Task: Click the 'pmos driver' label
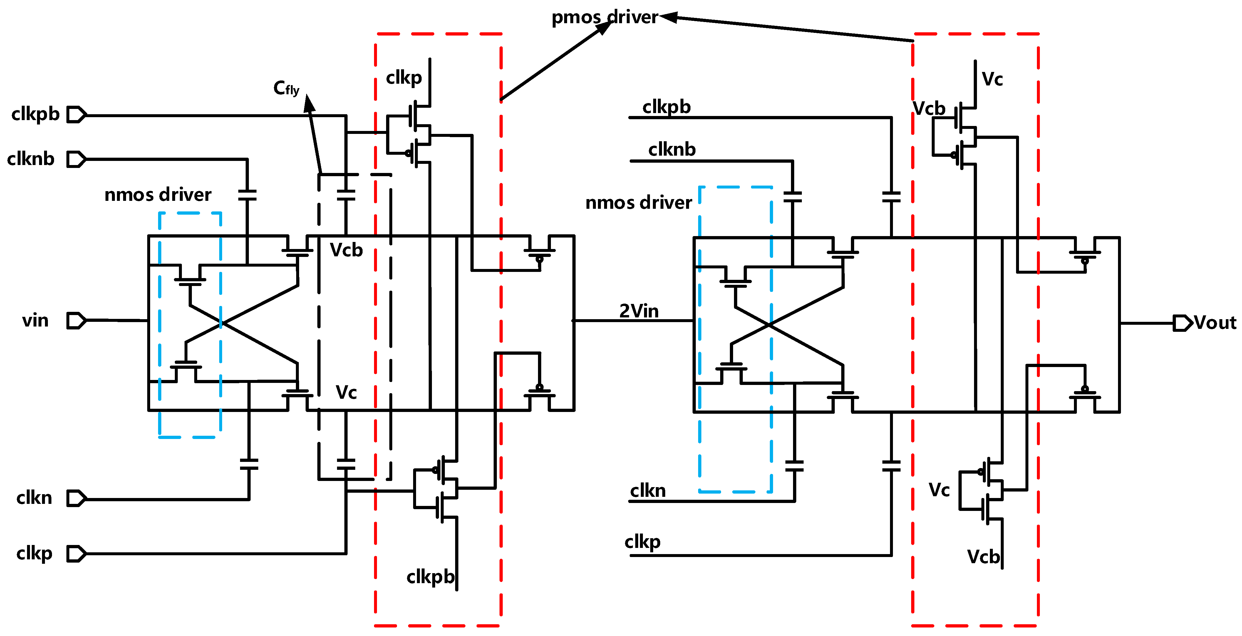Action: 605,17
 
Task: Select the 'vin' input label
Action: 35,320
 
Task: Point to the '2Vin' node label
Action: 639,311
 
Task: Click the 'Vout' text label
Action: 1215,322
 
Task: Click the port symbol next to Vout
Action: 1183,323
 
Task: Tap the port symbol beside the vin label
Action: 76,320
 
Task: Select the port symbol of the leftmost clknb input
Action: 76,159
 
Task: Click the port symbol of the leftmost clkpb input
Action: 76,115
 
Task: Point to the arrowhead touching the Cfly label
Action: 309,103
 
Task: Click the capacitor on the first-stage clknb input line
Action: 247,195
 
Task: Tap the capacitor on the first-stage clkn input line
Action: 249,464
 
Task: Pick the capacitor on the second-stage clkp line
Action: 891,466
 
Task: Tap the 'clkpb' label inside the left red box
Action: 430,576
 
